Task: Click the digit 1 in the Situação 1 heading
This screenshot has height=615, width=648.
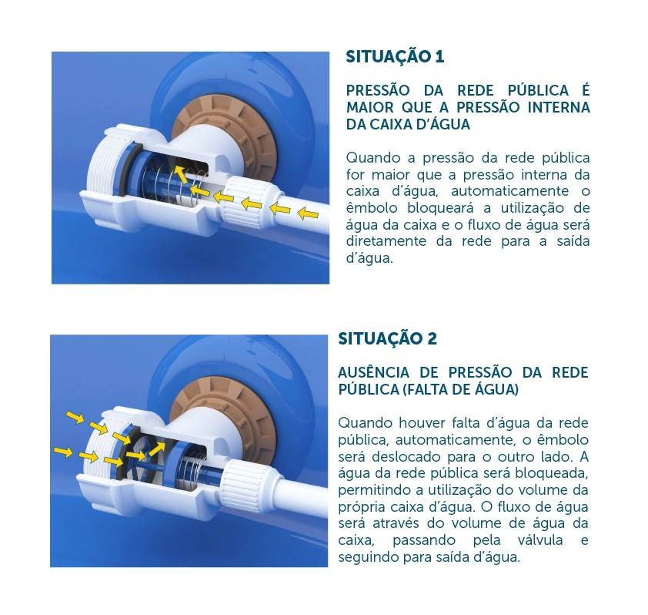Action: tap(439, 57)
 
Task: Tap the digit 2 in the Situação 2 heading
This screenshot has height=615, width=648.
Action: tap(432, 338)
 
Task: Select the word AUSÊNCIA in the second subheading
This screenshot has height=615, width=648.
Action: tap(373, 372)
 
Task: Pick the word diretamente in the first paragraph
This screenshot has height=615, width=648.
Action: tap(386, 241)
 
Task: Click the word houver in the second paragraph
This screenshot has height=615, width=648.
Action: tap(421, 423)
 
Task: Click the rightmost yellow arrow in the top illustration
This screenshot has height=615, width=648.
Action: tap(308, 213)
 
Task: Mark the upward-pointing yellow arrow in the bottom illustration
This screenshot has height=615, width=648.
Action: tap(157, 449)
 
